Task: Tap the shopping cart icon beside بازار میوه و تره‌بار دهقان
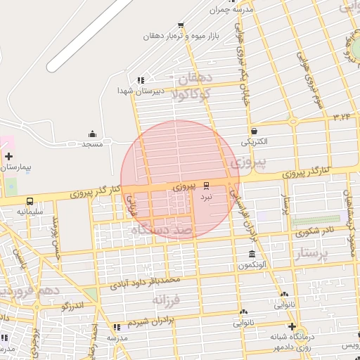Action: (x=179, y=34)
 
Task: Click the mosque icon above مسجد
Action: (x=92, y=134)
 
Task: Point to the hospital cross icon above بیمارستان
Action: (x=8, y=156)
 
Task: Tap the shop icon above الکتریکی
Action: (x=253, y=131)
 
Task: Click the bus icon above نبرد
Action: (x=206, y=186)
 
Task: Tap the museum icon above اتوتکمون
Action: (x=252, y=254)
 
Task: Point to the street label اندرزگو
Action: (x=72, y=306)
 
